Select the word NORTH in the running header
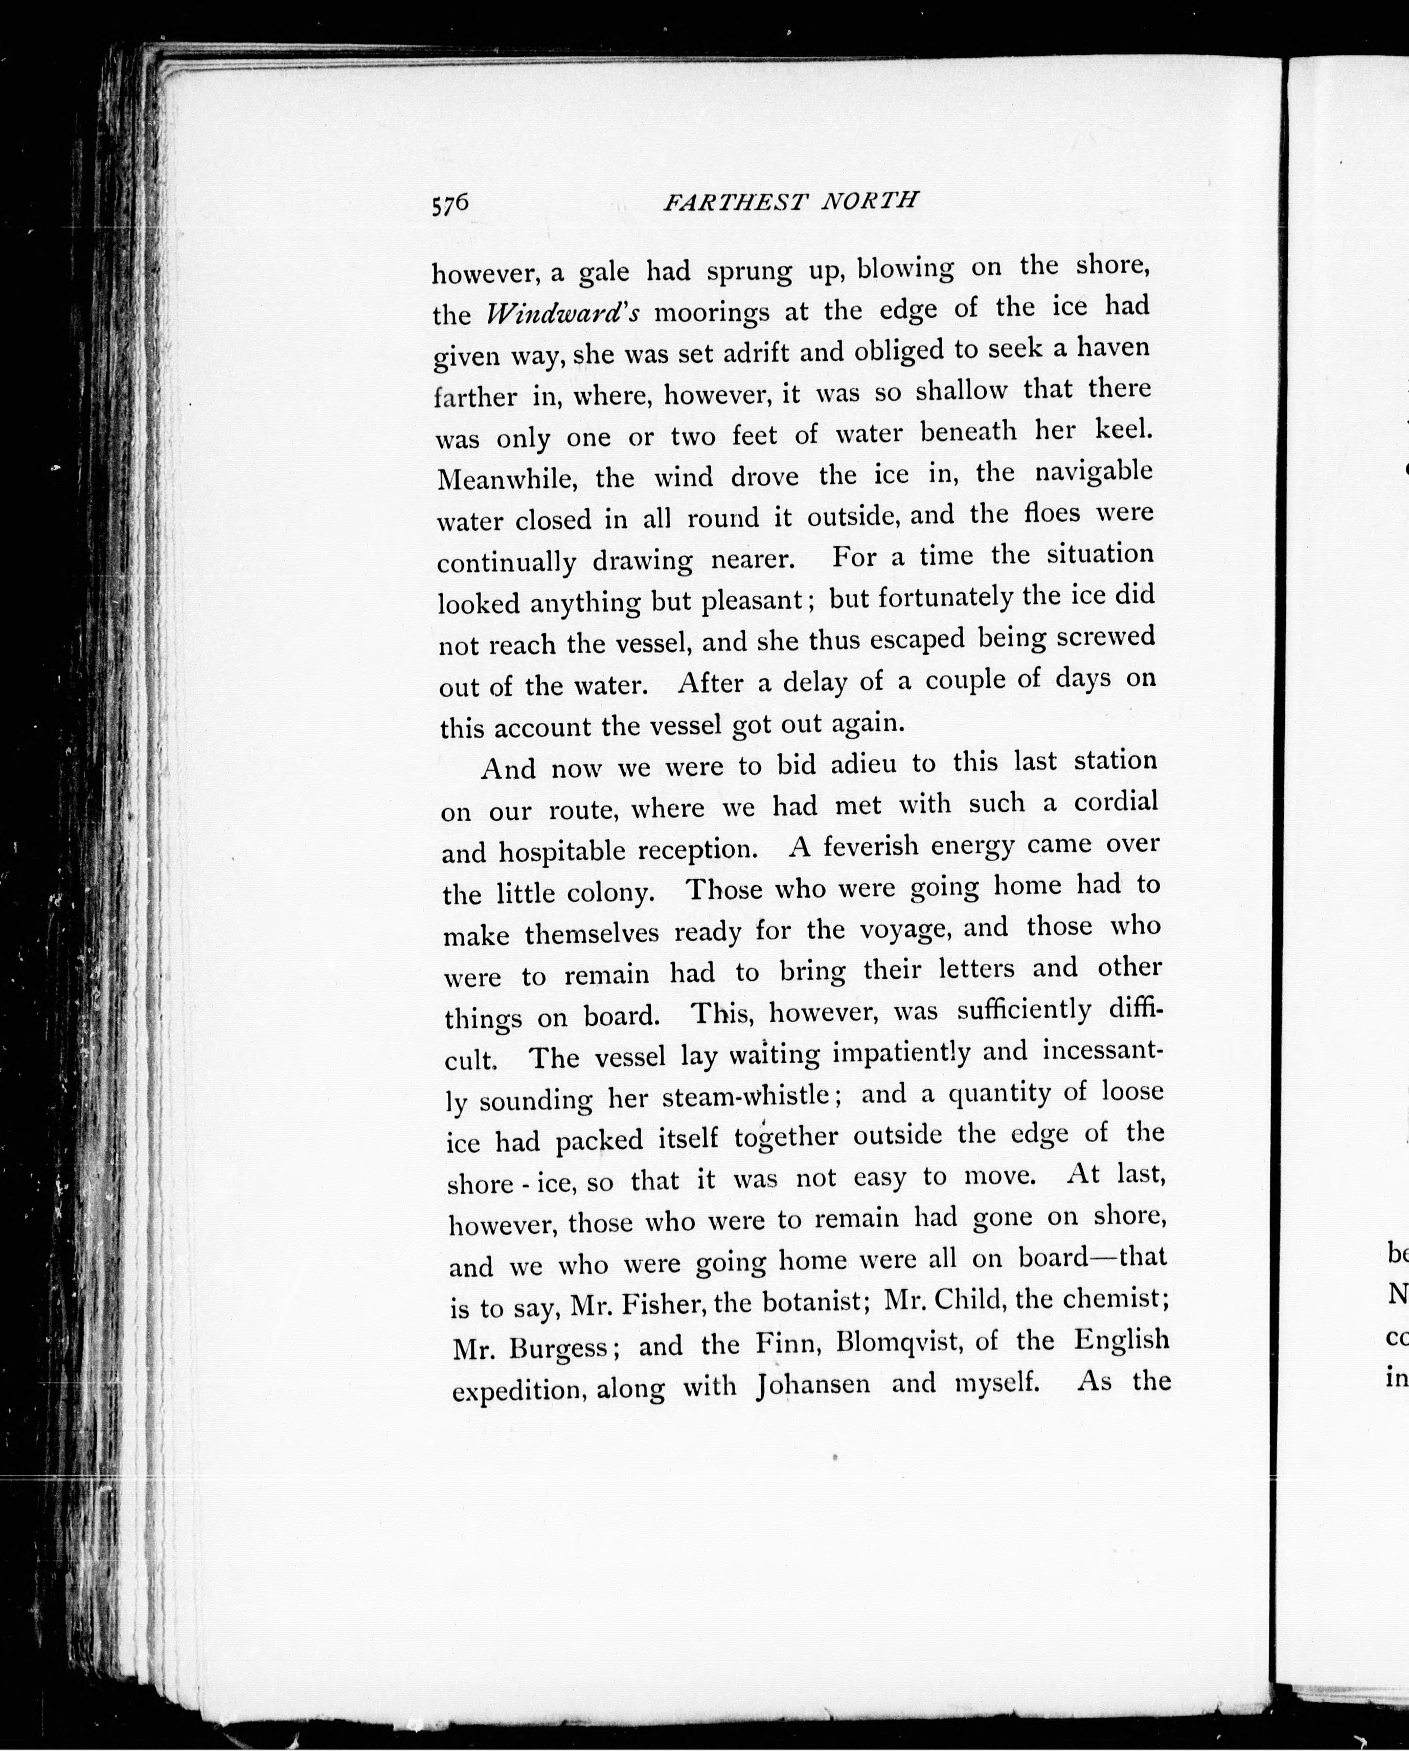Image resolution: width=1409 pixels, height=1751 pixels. [869, 199]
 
